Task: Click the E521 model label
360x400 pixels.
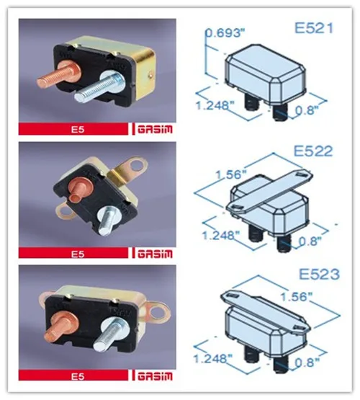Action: click(x=314, y=27)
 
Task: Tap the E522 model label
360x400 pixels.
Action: click(x=313, y=151)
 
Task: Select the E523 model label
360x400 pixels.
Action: click(x=319, y=275)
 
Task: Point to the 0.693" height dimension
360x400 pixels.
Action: click(x=225, y=33)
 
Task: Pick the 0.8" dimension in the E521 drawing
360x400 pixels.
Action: click(x=307, y=110)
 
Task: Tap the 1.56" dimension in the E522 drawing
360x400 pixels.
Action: click(x=232, y=174)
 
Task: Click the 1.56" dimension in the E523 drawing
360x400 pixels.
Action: click(x=297, y=297)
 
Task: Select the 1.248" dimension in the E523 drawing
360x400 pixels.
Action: click(x=214, y=358)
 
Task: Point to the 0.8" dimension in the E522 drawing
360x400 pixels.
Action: click(x=310, y=241)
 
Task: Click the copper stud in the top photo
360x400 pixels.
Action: click(x=59, y=74)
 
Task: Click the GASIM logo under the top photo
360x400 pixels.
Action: click(x=155, y=129)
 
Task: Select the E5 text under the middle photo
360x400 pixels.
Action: click(x=78, y=254)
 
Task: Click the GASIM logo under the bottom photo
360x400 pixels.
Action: click(x=155, y=376)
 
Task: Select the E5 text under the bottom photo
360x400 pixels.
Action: click(x=78, y=376)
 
